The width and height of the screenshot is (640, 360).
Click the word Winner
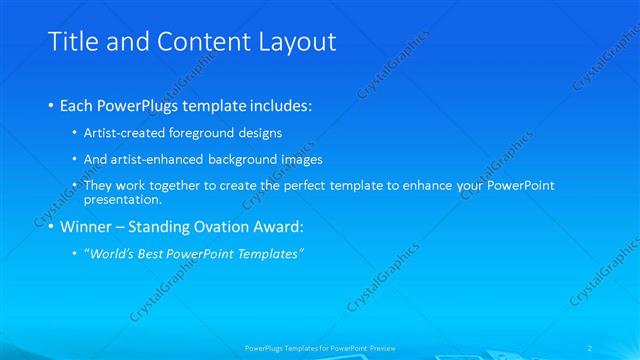click(86, 226)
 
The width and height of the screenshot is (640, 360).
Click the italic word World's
click(114, 254)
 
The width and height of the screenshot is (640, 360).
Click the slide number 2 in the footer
click(591, 347)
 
